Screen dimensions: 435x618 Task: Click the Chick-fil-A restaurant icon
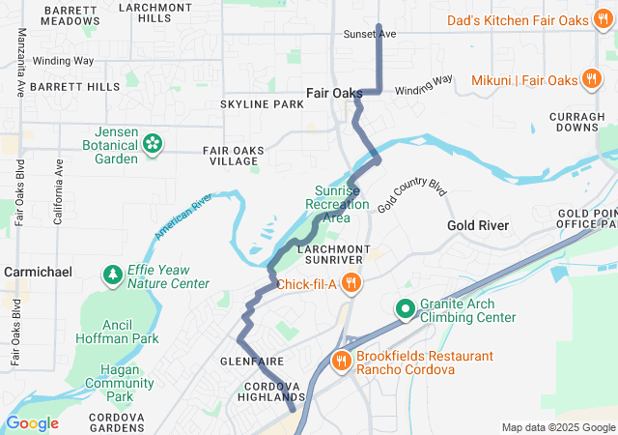(x=352, y=284)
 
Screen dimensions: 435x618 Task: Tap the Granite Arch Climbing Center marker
(x=405, y=309)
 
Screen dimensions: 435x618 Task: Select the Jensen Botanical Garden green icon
(x=152, y=144)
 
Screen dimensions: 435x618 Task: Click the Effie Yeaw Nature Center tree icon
(x=114, y=276)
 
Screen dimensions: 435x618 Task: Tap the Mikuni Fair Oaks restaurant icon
(x=591, y=79)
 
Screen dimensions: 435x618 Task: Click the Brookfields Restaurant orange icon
(x=341, y=362)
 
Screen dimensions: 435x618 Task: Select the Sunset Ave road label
(x=370, y=34)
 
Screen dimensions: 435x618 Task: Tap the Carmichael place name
(x=38, y=273)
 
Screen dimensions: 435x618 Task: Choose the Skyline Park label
(x=262, y=103)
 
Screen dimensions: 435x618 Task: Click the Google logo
(x=32, y=422)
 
